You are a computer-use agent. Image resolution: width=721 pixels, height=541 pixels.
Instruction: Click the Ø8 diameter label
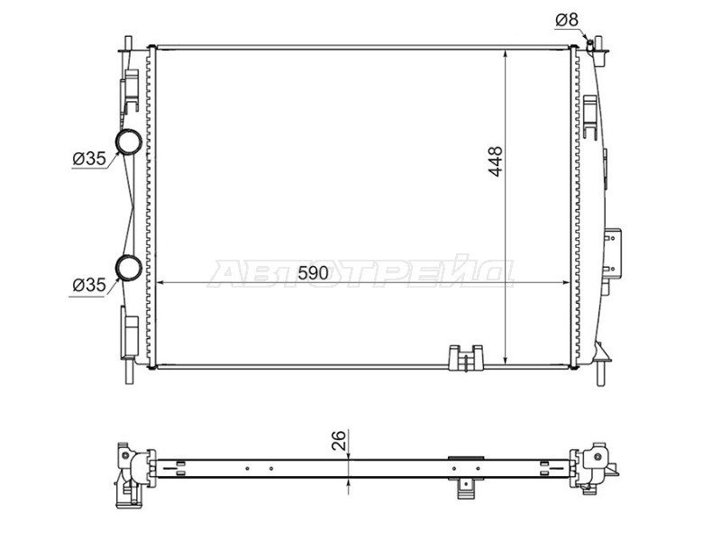point(567,20)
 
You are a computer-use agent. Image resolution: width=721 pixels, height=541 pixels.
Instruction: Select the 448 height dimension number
point(496,161)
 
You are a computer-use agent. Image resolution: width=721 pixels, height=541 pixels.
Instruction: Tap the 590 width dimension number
point(313,273)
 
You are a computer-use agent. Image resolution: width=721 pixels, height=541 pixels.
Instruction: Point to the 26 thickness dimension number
point(338,440)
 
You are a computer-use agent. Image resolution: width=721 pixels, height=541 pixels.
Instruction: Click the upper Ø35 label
point(89,160)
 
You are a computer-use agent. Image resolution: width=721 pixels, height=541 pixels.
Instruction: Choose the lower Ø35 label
point(89,285)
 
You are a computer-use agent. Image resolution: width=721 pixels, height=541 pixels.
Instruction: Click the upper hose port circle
point(128,142)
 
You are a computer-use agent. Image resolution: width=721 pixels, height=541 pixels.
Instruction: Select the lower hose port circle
point(128,267)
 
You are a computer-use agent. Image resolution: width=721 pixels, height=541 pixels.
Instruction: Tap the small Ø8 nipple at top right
point(590,43)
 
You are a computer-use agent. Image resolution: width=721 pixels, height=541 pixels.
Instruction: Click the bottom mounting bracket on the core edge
point(466,357)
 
